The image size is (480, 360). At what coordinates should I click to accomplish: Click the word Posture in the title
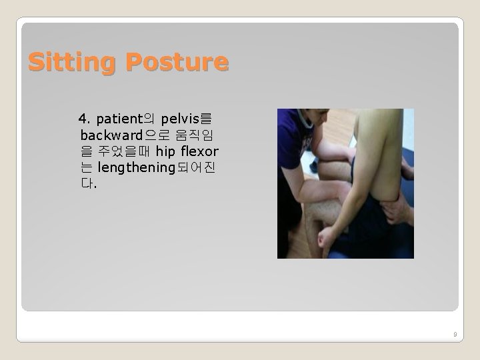coord(177,63)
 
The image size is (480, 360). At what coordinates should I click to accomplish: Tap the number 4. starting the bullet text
coord(84,119)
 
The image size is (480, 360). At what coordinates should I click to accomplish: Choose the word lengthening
coord(135,167)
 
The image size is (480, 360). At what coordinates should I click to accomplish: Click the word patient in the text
coord(119,119)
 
